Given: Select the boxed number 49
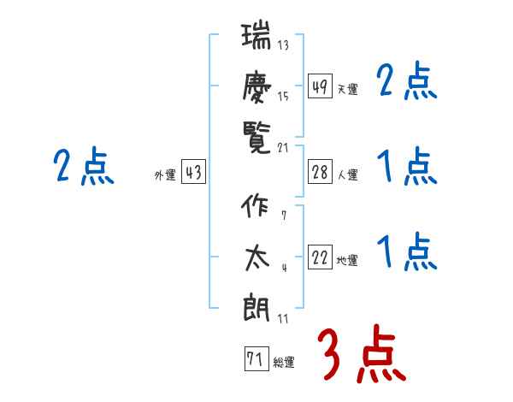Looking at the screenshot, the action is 321,86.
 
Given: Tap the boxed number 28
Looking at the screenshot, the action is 321,172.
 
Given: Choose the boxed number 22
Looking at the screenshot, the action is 321,257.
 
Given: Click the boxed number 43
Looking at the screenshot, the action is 193,172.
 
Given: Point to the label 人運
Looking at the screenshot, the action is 347,175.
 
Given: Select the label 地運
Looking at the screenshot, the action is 347,261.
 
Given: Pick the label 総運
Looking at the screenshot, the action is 283,363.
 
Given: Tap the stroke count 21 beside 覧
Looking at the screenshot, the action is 283,148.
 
